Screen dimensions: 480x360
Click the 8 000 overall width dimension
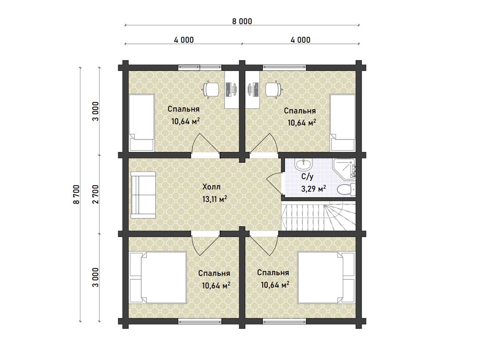tap(242, 22)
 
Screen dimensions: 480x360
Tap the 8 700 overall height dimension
tap(76, 194)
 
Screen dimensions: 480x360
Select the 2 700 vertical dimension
tap(96, 194)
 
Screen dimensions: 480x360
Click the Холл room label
tap(211, 187)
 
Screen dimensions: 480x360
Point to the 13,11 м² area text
tap(214, 199)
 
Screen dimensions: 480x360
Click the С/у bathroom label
tap(307, 177)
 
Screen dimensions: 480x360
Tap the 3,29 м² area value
tap(313, 189)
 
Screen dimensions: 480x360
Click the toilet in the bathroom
tap(346, 190)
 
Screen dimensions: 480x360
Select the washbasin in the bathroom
tap(303, 164)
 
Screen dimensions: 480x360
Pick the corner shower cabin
tap(344, 169)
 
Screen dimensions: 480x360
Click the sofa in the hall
tap(143, 195)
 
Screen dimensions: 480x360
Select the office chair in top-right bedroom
tap(273, 89)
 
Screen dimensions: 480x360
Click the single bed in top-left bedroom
tap(142, 123)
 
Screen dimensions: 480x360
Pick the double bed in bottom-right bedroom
tap(326, 278)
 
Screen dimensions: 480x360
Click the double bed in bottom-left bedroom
tap(158, 278)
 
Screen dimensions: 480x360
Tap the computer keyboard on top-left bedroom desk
tap(228, 89)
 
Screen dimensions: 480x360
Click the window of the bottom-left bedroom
tap(200, 321)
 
